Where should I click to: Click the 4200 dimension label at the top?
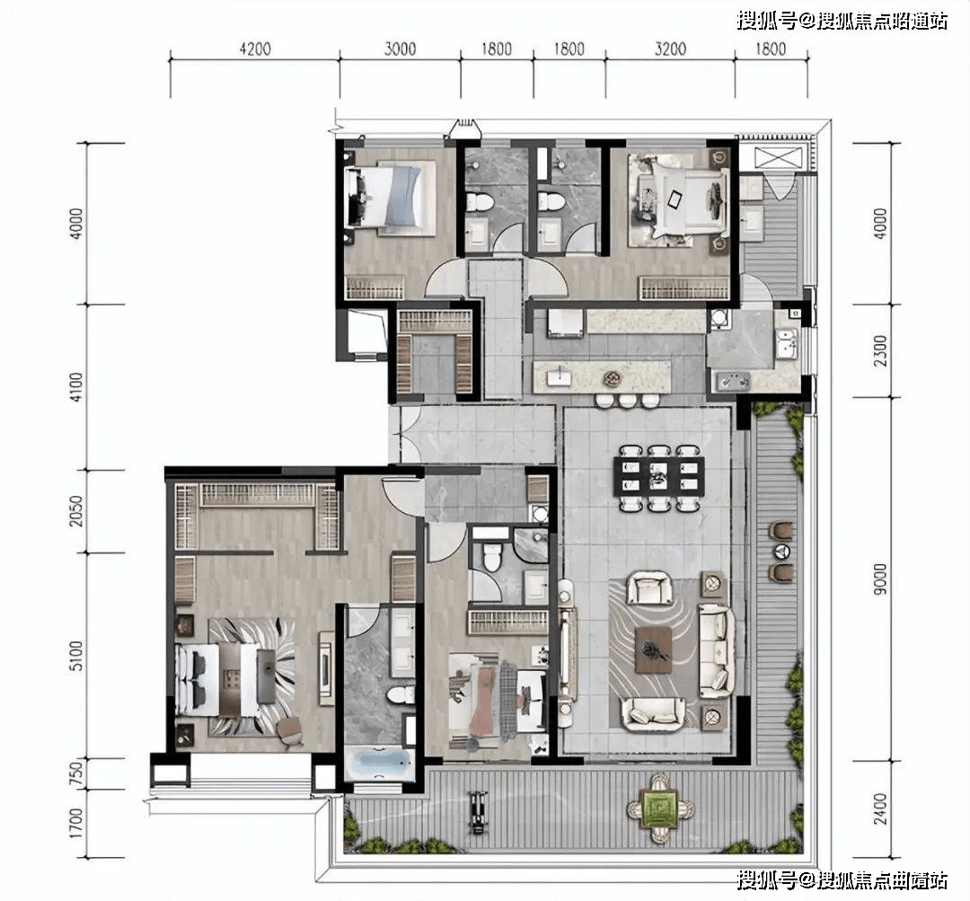[x=255, y=49]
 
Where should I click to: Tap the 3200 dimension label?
[x=671, y=49]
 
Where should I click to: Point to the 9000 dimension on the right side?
[x=880, y=579]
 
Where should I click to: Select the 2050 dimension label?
[x=75, y=511]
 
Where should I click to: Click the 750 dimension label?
[x=75, y=773]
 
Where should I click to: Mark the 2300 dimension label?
[x=880, y=350]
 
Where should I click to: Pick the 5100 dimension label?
[x=75, y=656]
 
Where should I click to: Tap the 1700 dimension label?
[x=75, y=823]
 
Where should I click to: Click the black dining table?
[x=659, y=476]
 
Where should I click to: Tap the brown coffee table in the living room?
[x=653, y=649]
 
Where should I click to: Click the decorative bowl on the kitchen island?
[x=612, y=377]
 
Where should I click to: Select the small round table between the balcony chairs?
[x=782, y=551]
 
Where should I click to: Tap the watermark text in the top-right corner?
[x=842, y=21]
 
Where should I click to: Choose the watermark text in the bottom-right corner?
[x=842, y=879]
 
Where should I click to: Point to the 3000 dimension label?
[x=400, y=49]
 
